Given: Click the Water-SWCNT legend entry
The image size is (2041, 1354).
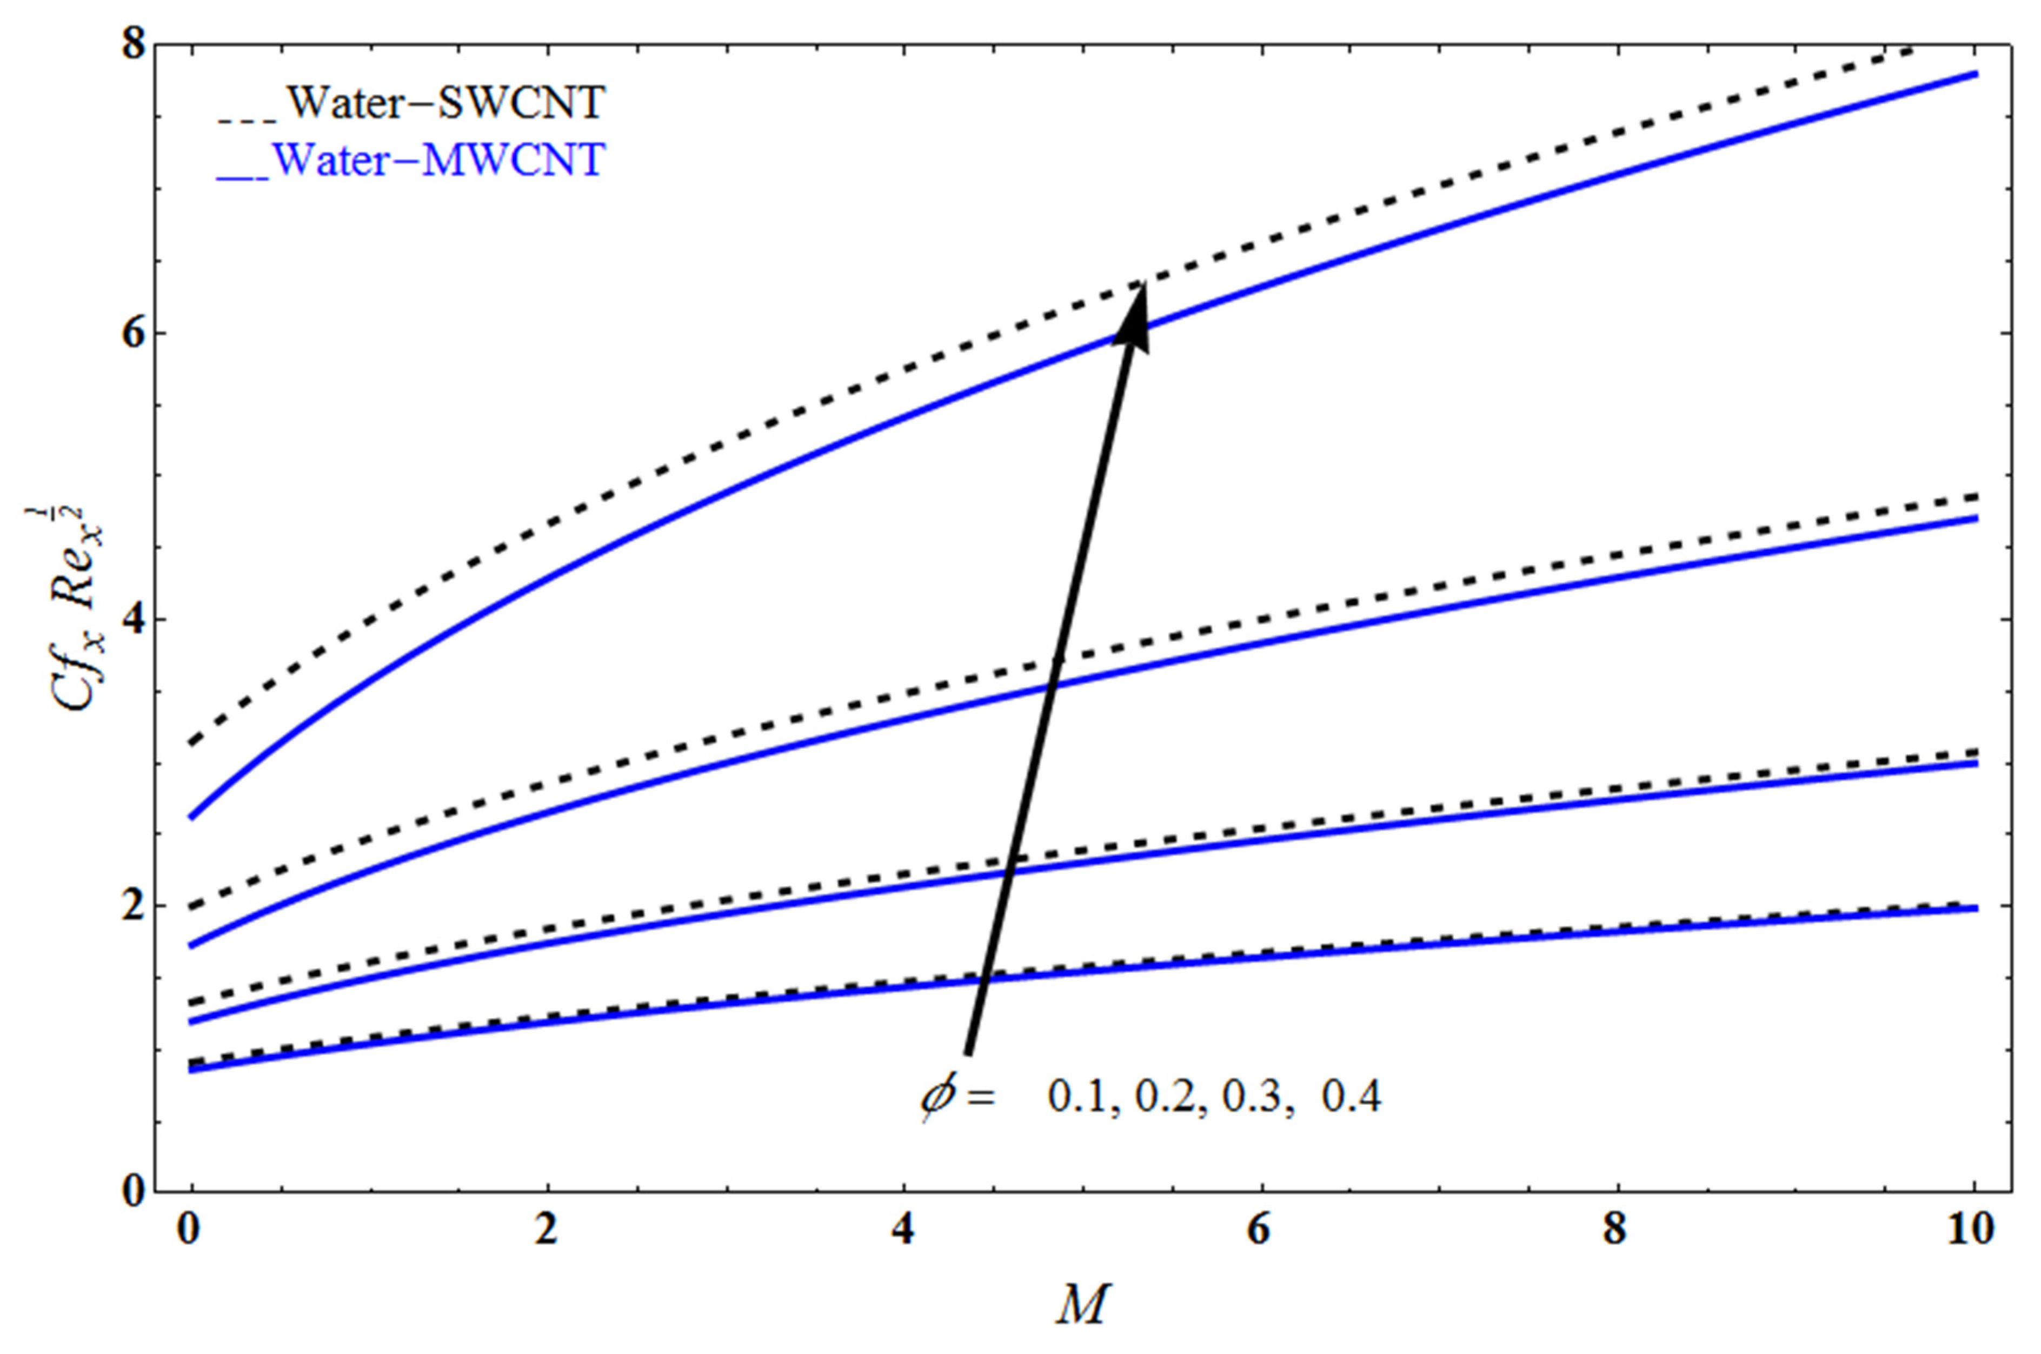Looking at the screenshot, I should (411, 104).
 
